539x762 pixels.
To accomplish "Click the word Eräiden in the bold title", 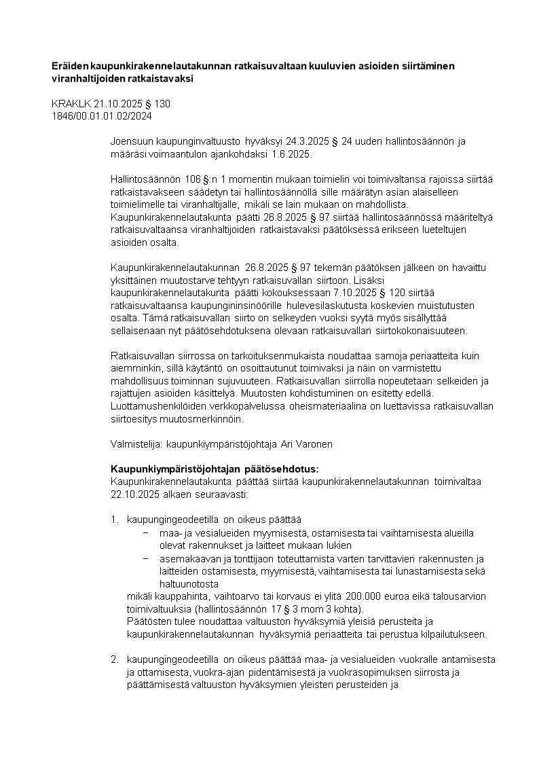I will [71, 66].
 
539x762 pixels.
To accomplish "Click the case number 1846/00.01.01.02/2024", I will [102, 115].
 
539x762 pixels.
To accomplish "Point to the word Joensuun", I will [132, 142].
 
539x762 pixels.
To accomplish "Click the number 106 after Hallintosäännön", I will [193, 179].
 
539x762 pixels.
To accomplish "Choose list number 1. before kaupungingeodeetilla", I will [115, 520].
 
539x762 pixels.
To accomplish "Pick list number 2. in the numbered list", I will [115, 659].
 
